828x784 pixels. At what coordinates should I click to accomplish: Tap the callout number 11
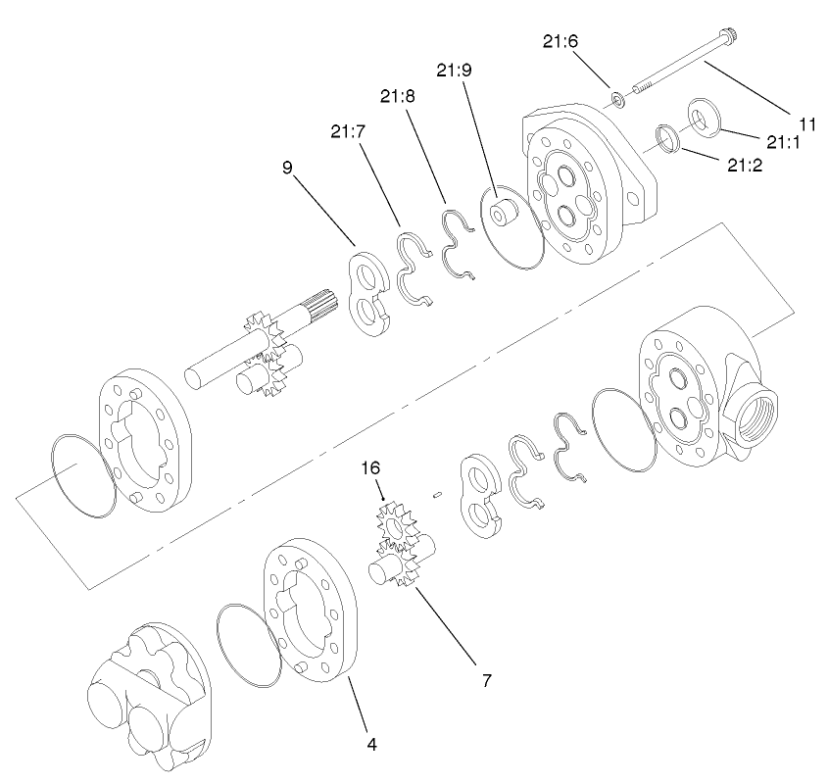(807, 123)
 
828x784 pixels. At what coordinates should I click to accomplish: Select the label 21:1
(783, 142)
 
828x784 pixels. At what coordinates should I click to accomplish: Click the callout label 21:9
(454, 72)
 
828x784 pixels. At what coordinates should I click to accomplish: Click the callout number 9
(287, 168)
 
